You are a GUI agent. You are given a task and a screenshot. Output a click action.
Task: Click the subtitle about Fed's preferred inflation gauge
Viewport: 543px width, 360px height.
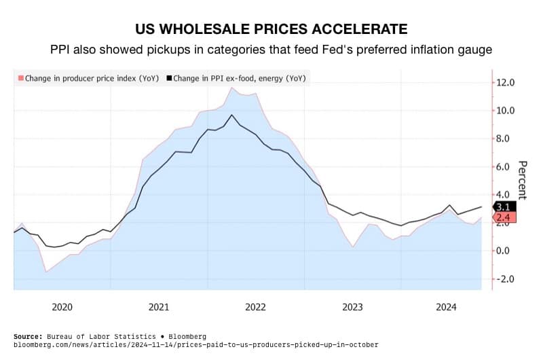271,50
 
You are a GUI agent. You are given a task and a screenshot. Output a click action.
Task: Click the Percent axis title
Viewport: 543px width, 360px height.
523,180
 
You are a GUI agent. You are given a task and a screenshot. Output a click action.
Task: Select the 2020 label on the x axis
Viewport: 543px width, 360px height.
62,307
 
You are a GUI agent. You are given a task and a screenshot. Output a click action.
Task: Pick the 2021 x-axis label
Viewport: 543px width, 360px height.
158,307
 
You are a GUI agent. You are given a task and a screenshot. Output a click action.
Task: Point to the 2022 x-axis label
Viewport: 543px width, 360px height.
255,307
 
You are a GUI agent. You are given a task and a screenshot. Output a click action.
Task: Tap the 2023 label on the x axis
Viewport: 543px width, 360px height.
352,307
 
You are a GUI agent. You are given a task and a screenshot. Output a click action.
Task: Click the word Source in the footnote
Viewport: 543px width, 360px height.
29,336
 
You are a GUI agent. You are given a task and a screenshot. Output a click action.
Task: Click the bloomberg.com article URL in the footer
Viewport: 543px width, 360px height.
196,344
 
